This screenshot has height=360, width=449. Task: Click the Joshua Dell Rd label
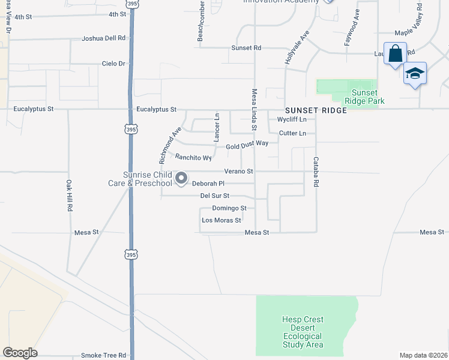click(104, 38)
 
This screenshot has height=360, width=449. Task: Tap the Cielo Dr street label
click(113, 63)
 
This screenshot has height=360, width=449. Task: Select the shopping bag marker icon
click(396, 54)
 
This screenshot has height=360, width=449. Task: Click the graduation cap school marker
click(414, 74)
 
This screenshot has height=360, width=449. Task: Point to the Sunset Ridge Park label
click(364, 97)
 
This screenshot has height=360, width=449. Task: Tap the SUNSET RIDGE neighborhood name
click(316, 111)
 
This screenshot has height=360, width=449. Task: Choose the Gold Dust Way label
click(247, 144)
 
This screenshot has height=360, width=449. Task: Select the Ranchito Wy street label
click(193, 158)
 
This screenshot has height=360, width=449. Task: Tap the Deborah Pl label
click(208, 184)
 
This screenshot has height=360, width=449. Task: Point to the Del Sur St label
click(214, 196)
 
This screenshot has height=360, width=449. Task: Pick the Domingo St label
click(229, 208)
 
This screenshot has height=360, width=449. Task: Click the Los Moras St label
click(221, 220)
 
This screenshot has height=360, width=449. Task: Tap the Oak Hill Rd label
click(70, 195)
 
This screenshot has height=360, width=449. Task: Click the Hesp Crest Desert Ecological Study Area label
click(303, 332)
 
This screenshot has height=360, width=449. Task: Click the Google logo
click(20, 353)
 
